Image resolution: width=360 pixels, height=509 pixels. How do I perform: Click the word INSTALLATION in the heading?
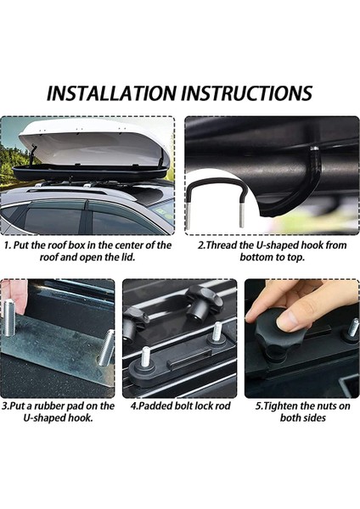[110, 93]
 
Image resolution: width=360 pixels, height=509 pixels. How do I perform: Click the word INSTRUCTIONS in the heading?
[246, 93]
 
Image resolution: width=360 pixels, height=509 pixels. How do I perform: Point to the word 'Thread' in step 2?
[222, 245]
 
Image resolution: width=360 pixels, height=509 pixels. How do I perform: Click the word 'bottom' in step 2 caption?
[254, 257]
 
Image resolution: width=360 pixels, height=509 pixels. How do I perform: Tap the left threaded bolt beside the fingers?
[8, 317]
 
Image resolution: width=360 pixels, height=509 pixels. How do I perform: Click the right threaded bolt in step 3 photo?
[106, 347]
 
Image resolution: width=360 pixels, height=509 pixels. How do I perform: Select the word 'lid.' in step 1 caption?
[127, 257]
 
